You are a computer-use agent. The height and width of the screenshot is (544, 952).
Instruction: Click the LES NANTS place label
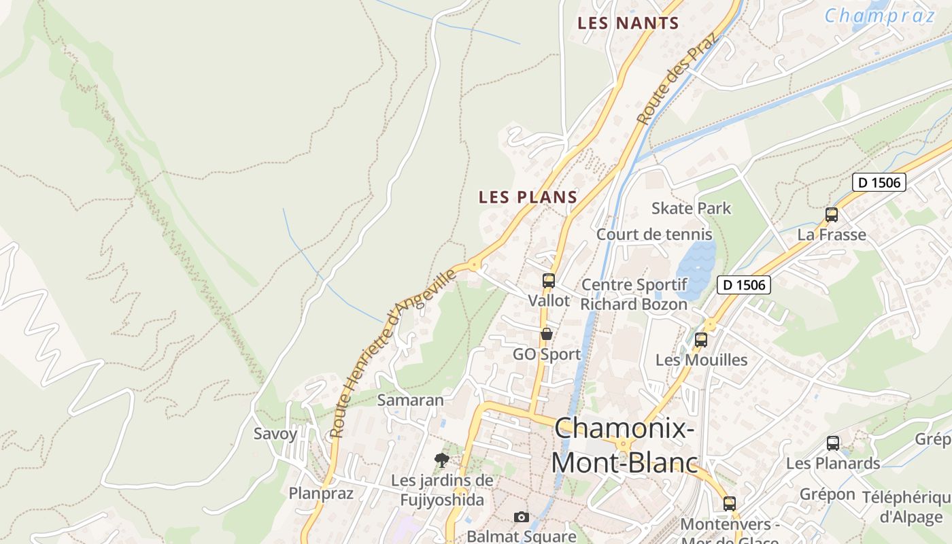coord(628,23)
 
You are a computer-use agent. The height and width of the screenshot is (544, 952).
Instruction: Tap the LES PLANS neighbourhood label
coord(528,197)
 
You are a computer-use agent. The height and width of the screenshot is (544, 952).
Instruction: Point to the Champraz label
coord(880,15)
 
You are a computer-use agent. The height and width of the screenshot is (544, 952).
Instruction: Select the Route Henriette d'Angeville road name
coord(393,353)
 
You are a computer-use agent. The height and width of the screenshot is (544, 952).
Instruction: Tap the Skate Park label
coord(691,208)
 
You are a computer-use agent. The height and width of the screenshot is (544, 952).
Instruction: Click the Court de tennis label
coord(654,235)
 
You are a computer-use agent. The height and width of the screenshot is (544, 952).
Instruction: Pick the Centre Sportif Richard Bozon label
coord(634,294)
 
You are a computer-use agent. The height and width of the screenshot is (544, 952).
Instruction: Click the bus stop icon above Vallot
coord(549,280)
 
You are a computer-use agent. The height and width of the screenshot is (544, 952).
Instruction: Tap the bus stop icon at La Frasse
coord(831,215)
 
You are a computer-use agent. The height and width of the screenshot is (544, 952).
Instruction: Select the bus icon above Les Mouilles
coord(701,340)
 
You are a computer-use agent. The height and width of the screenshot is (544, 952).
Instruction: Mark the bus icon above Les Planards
coord(832,443)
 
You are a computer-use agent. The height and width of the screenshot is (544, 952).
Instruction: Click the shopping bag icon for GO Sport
coord(546,334)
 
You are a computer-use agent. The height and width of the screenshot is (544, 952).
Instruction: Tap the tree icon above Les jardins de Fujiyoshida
coord(442,460)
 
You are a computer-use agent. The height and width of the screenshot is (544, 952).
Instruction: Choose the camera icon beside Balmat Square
coord(522,517)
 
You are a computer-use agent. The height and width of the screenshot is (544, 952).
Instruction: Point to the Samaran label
coord(410,400)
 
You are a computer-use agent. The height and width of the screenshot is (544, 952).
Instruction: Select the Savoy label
coord(275,434)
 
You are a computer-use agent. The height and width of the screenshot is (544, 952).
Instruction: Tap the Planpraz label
coord(321,493)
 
